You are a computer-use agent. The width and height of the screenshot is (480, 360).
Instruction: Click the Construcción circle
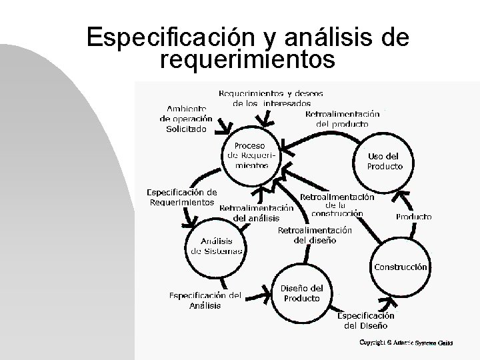coord(400,267)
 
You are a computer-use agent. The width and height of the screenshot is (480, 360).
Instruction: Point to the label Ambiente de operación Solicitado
coord(186,119)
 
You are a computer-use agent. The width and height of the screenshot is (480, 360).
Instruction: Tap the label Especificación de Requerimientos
coord(181,197)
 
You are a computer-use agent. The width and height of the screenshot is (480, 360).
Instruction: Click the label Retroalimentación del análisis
coord(256,212)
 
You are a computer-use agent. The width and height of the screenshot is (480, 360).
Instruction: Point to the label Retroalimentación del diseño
coord(314,235)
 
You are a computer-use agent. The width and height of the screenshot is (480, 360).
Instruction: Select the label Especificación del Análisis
coord(205,300)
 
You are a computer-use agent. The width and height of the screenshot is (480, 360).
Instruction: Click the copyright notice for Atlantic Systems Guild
coord(406,342)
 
